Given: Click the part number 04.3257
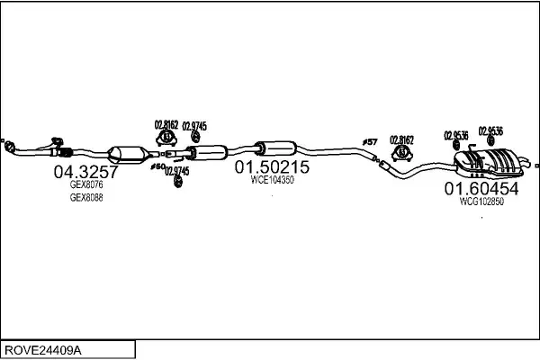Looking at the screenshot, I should click(x=85, y=171).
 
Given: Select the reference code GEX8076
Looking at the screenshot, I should click(x=86, y=184).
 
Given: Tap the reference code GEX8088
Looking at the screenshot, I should click(x=86, y=197).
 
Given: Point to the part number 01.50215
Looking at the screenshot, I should click(x=272, y=167).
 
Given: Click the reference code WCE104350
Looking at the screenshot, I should click(x=272, y=180).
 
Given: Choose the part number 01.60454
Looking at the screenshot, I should click(x=481, y=189).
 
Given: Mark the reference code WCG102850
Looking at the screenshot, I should click(x=481, y=202).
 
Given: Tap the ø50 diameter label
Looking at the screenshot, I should click(x=157, y=166).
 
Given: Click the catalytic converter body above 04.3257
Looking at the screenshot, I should click(x=127, y=154).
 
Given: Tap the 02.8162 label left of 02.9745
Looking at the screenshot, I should click(x=166, y=125).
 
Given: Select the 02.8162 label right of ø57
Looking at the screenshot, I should click(x=401, y=139).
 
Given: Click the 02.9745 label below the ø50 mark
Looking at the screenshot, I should click(x=176, y=171).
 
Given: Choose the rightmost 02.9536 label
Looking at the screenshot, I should click(x=490, y=130).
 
